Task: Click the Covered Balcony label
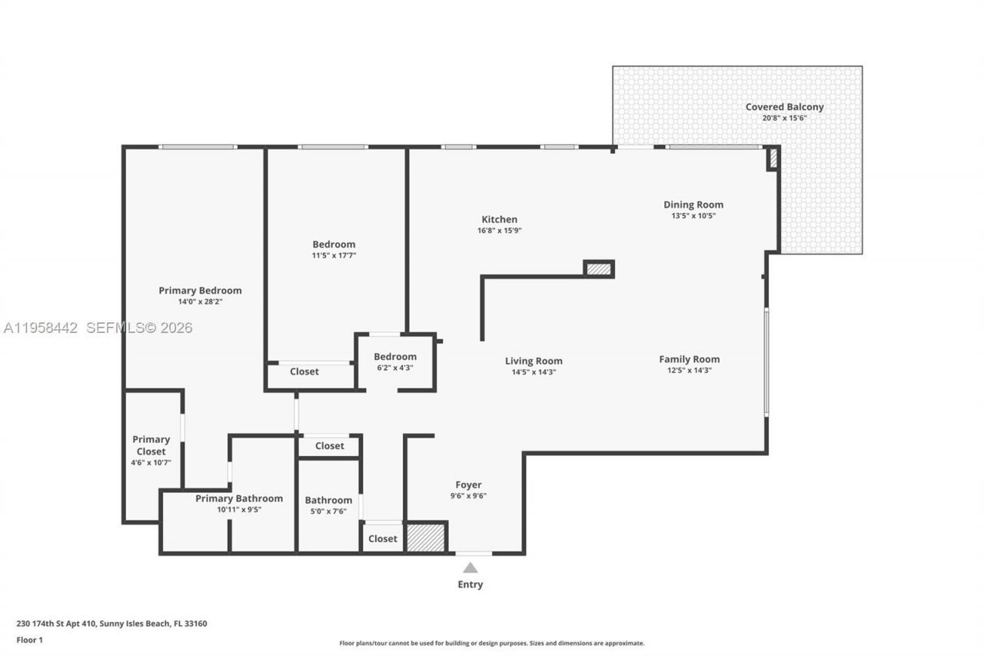[784, 107]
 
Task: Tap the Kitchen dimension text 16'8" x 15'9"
[500, 231]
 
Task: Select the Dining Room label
[693, 205]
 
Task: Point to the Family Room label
[689, 359]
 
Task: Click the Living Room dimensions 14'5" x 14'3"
[534, 372]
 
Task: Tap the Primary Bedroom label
[200, 291]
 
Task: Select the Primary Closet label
[151, 445]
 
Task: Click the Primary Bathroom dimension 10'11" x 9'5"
[239, 509]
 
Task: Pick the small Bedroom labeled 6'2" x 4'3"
[395, 357]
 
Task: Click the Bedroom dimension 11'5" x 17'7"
[334, 255]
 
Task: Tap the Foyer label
[468, 485]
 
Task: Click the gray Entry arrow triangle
[470, 568]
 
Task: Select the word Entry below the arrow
[470, 584]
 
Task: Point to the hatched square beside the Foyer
[425, 538]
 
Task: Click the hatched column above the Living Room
[599, 269]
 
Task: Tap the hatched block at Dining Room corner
[773, 158]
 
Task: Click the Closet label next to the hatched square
[382, 538]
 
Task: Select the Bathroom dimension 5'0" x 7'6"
[328, 511]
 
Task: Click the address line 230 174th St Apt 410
[111, 624]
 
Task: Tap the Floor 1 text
[30, 640]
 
